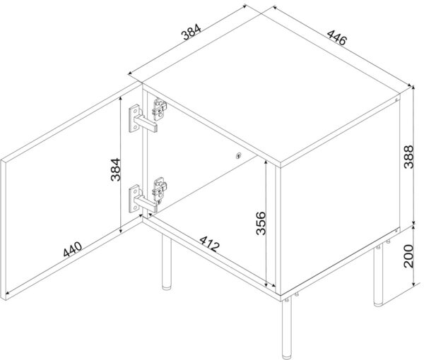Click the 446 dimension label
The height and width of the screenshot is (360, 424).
point(336,37)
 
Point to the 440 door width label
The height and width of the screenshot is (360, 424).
point(73,249)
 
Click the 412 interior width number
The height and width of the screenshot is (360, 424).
point(208,244)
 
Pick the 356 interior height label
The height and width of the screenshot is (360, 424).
point(261,223)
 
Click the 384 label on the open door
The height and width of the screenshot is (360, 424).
point(115,169)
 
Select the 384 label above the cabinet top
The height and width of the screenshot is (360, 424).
point(192,32)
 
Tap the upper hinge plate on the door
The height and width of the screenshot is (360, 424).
point(134,119)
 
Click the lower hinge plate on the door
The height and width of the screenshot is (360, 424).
point(134,198)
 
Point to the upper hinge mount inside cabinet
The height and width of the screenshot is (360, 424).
point(159,109)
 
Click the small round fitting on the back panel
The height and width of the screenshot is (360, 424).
point(238,155)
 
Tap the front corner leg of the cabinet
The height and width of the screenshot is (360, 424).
point(287,328)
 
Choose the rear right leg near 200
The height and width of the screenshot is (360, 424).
point(379,276)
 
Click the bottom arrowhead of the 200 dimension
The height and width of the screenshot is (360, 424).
point(413,284)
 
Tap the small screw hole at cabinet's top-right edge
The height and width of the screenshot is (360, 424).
point(396,100)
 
